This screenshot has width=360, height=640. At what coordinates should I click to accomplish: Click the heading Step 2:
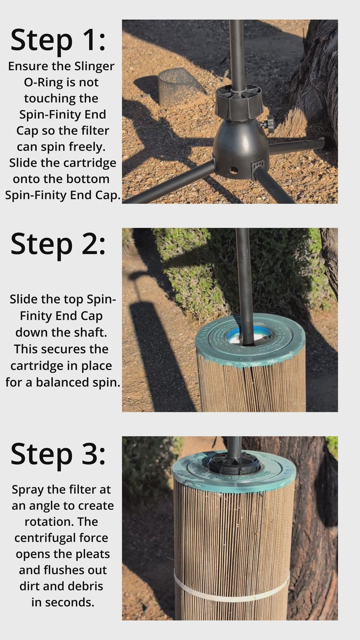(58, 245)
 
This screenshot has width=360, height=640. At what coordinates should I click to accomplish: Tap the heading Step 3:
(58, 455)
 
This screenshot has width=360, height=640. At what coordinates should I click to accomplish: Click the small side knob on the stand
(268, 124)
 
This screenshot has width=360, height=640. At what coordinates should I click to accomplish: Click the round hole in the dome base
(234, 170)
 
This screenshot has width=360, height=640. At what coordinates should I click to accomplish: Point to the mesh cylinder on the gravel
(180, 87)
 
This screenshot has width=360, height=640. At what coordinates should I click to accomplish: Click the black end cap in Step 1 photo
(238, 103)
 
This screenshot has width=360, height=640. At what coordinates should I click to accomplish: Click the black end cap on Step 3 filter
(234, 464)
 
